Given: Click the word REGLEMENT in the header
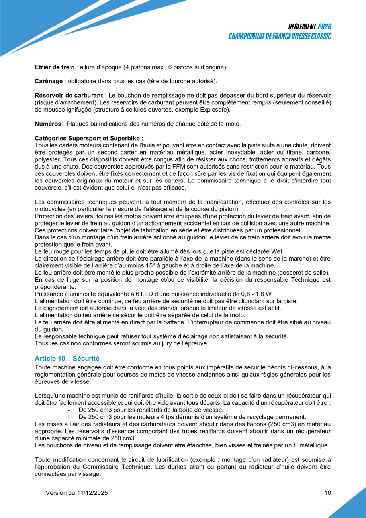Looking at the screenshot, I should [x=302, y=27].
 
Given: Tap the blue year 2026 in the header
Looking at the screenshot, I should [x=325, y=27].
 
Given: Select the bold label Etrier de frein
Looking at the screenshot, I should [x=55, y=67].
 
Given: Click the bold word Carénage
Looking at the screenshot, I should [x=49, y=81].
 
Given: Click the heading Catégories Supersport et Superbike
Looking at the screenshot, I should [x=89, y=138].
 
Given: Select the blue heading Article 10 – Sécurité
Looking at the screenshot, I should [x=67, y=358].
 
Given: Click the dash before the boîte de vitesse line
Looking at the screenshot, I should [x=69, y=410].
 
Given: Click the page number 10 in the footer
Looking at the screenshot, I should [x=327, y=493].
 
